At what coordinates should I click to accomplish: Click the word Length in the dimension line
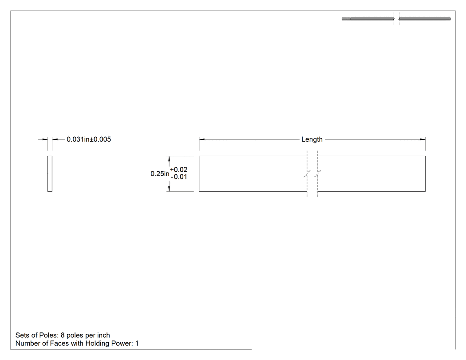312,139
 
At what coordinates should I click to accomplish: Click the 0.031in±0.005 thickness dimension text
89,139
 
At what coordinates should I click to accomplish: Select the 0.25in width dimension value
160,174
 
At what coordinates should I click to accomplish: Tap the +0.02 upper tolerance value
178,170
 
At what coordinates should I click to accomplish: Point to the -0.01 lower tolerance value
178,177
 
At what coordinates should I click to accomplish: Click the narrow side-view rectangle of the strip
50,174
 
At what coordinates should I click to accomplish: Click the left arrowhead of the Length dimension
202,139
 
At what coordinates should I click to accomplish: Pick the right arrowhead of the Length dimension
423,139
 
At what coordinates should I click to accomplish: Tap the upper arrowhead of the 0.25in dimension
169,159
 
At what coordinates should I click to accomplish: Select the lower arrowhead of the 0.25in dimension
169,189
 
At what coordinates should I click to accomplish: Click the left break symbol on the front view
307,174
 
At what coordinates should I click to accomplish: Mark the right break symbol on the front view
318,174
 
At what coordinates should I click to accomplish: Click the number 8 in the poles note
63,335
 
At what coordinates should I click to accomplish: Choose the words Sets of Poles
36,335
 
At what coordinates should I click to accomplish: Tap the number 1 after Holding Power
137,344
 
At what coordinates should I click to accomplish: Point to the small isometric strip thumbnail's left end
343,19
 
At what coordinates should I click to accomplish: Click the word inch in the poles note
103,335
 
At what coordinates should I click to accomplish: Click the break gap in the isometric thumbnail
396,19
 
